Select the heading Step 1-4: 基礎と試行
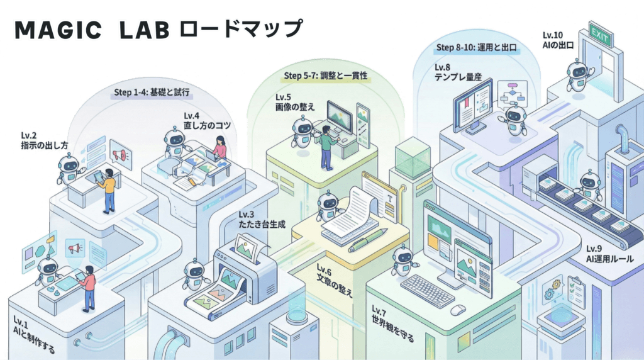pyautogui.click(x=152, y=92)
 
